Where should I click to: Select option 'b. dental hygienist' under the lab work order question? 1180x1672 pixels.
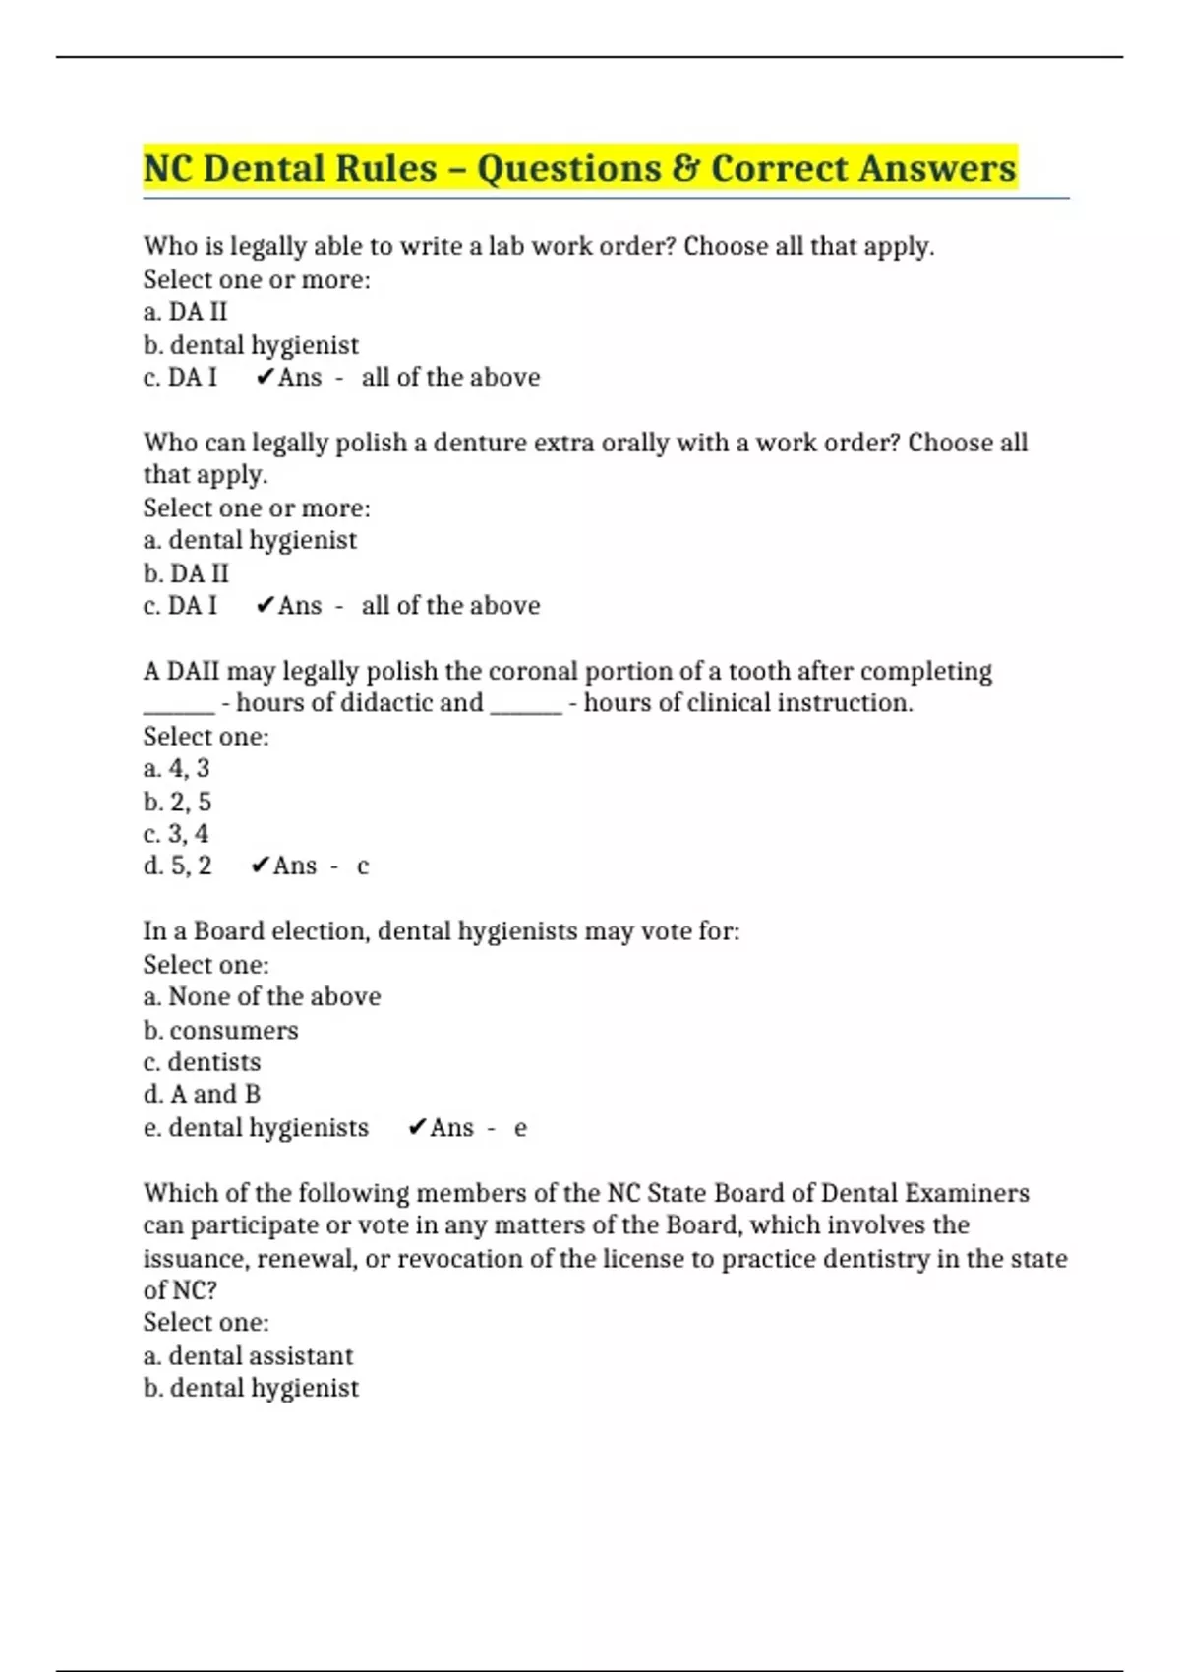pos(251,345)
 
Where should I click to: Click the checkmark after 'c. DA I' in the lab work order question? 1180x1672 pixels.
pos(264,377)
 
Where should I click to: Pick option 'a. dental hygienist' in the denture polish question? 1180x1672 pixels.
pos(250,540)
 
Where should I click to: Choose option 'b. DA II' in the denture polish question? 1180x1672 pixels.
pos(186,572)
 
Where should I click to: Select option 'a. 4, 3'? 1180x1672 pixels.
pos(176,768)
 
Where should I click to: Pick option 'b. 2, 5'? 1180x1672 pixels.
pos(177,802)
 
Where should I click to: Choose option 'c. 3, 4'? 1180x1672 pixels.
pos(176,834)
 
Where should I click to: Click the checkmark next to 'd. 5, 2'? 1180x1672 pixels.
pos(260,866)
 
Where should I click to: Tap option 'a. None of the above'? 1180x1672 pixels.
pos(262,996)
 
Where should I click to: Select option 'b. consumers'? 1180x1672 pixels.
pos(220,1030)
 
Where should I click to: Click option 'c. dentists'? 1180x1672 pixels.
pos(202,1062)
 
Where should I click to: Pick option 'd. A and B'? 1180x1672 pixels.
pos(202,1094)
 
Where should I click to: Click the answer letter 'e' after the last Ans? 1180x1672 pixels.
pos(520,1128)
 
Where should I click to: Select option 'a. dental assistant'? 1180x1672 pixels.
pos(248,1355)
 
